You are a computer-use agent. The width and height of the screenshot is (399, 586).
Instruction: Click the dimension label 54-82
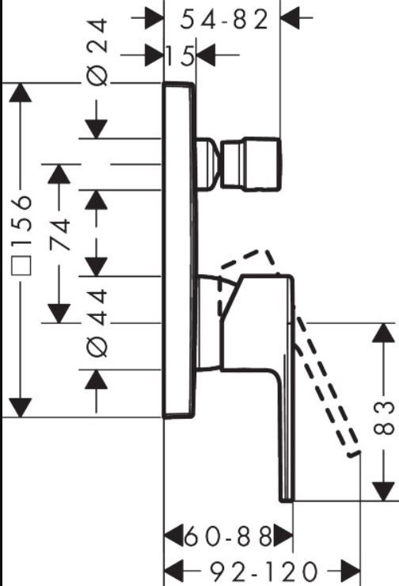click(x=224, y=20)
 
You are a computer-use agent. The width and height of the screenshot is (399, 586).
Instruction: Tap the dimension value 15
click(x=180, y=55)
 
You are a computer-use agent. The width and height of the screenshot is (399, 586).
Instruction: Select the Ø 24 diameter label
click(x=97, y=53)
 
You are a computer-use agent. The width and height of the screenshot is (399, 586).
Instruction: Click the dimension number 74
click(x=60, y=235)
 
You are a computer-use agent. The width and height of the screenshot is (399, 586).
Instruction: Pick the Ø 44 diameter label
click(x=97, y=322)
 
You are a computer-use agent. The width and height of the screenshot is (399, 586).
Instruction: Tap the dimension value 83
click(x=384, y=418)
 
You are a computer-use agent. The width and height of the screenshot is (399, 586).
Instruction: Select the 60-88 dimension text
click(x=228, y=536)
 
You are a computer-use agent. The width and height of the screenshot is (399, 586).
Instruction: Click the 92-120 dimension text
click(x=264, y=571)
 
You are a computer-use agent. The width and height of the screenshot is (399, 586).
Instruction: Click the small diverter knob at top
click(x=251, y=165)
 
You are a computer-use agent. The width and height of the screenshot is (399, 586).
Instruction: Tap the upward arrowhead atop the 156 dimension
click(x=20, y=92)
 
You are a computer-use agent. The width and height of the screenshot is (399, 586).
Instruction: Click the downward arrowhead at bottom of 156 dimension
click(x=20, y=408)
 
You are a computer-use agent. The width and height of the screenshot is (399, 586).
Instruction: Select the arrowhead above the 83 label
click(x=384, y=333)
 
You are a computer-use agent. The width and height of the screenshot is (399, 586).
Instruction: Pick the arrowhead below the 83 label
click(x=384, y=492)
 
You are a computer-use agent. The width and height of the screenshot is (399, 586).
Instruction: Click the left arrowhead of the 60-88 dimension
click(x=174, y=536)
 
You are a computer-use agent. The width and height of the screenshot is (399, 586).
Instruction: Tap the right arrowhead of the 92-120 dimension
click(x=351, y=571)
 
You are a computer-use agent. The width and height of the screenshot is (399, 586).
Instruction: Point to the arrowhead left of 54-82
click(x=154, y=17)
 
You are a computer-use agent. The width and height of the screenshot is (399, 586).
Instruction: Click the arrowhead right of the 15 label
click(x=206, y=55)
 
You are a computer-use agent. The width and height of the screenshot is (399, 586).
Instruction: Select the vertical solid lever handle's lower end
click(x=287, y=500)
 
